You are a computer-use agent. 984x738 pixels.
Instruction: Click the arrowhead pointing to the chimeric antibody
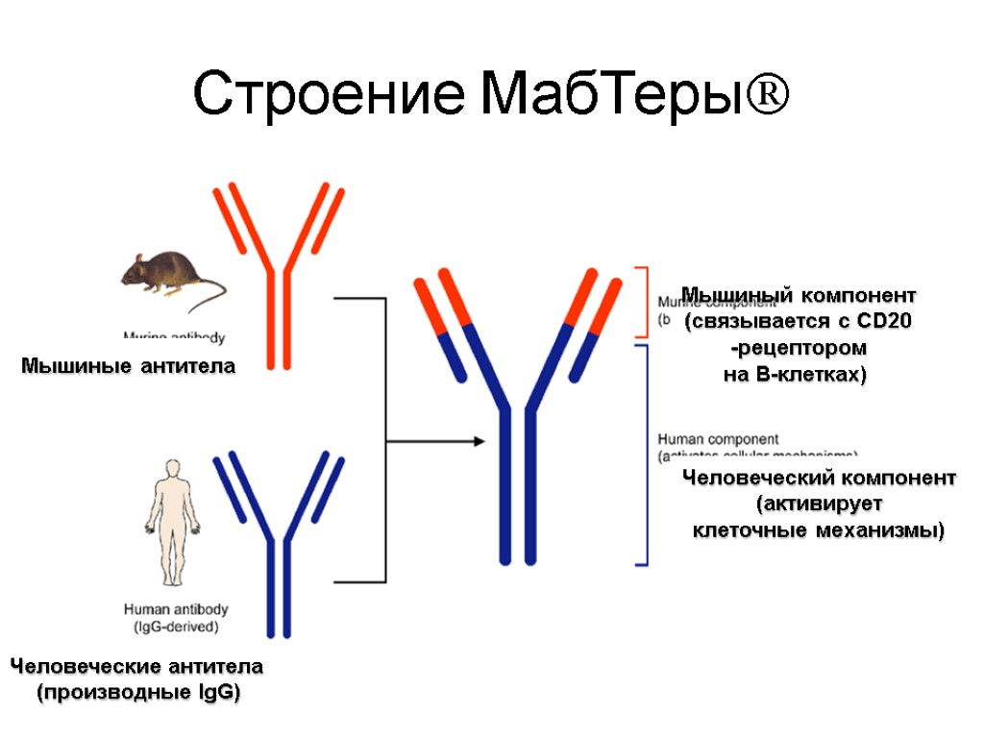pos(477,441)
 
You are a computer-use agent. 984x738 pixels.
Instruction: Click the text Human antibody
pos(176,609)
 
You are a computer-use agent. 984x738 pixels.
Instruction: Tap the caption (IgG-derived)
pos(176,627)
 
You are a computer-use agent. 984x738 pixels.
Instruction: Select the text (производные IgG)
pos(137,692)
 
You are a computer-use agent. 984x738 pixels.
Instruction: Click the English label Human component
pos(718,439)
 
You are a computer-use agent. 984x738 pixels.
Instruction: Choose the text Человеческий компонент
pos(819,478)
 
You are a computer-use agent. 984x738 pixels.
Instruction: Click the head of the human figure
pos(172,469)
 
